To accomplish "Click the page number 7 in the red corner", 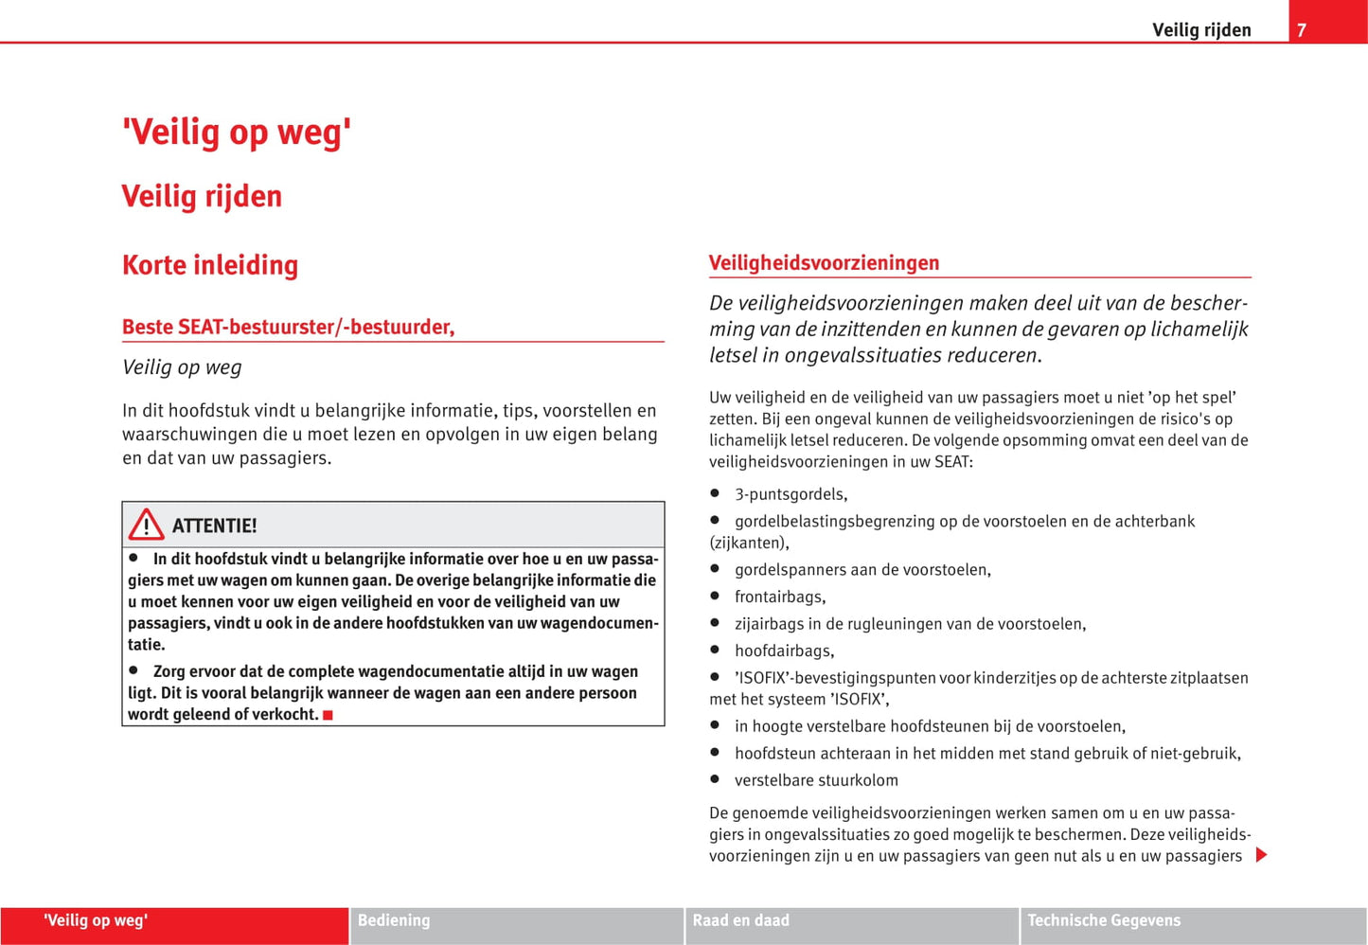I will click(x=1302, y=30).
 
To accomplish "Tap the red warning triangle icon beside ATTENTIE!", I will click(x=147, y=525).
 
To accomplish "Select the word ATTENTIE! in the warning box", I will click(x=214, y=526).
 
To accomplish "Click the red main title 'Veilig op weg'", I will click(x=237, y=132).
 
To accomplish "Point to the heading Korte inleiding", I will click(x=210, y=265).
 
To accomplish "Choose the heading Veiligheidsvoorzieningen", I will click(x=824, y=263).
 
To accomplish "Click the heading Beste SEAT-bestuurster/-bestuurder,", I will click(x=288, y=327).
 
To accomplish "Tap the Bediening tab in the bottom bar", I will click(x=394, y=920).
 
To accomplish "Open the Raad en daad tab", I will click(x=740, y=920).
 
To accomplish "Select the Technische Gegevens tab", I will click(x=1104, y=920).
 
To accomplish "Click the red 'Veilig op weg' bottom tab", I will click(x=96, y=920).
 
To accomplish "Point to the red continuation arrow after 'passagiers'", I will click(x=1261, y=855).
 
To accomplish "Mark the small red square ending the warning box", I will click(x=328, y=715).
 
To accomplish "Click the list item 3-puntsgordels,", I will click(x=791, y=494).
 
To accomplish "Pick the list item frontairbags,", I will click(x=780, y=597).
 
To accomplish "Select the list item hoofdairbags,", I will click(x=784, y=651).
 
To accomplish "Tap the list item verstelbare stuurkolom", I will click(x=816, y=780).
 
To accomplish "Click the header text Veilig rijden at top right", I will click(x=1201, y=30).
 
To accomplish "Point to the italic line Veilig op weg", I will click(x=182, y=367).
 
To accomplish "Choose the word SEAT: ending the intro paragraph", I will click(x=953, y=462).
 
